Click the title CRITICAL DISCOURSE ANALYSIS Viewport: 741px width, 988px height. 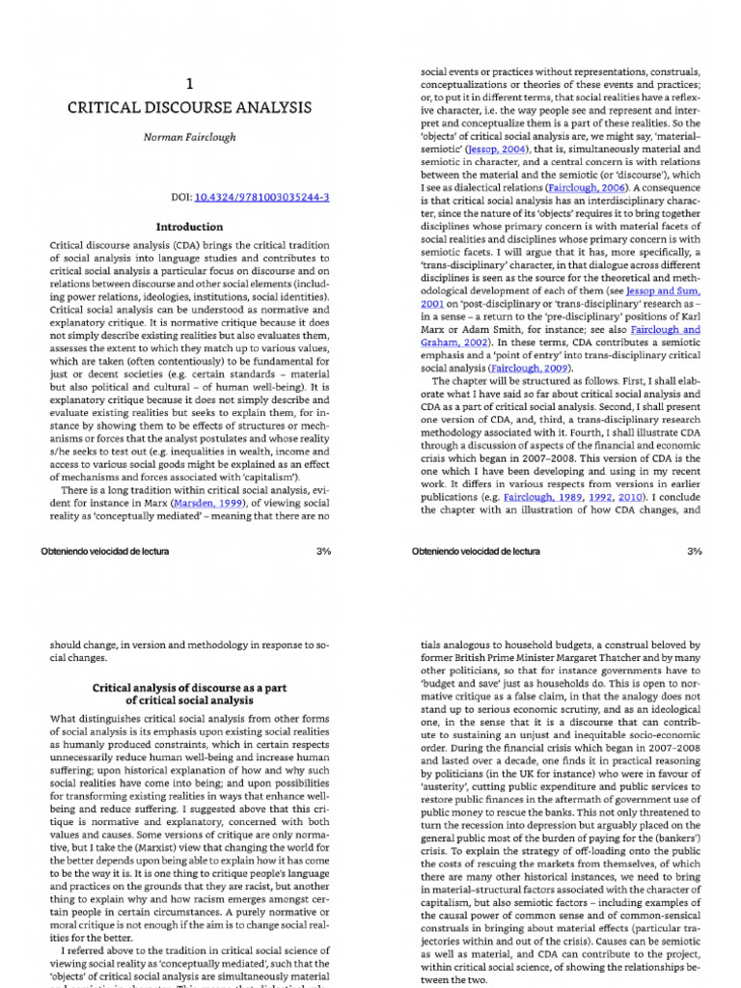pos(189,109)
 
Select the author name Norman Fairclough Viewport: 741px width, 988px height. pos(189,137)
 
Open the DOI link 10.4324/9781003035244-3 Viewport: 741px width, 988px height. pos(262,197)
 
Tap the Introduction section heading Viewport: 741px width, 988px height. pos(189,228)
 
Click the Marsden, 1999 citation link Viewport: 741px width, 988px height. pos(203,502)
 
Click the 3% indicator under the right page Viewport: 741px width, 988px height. pos(694,551)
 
